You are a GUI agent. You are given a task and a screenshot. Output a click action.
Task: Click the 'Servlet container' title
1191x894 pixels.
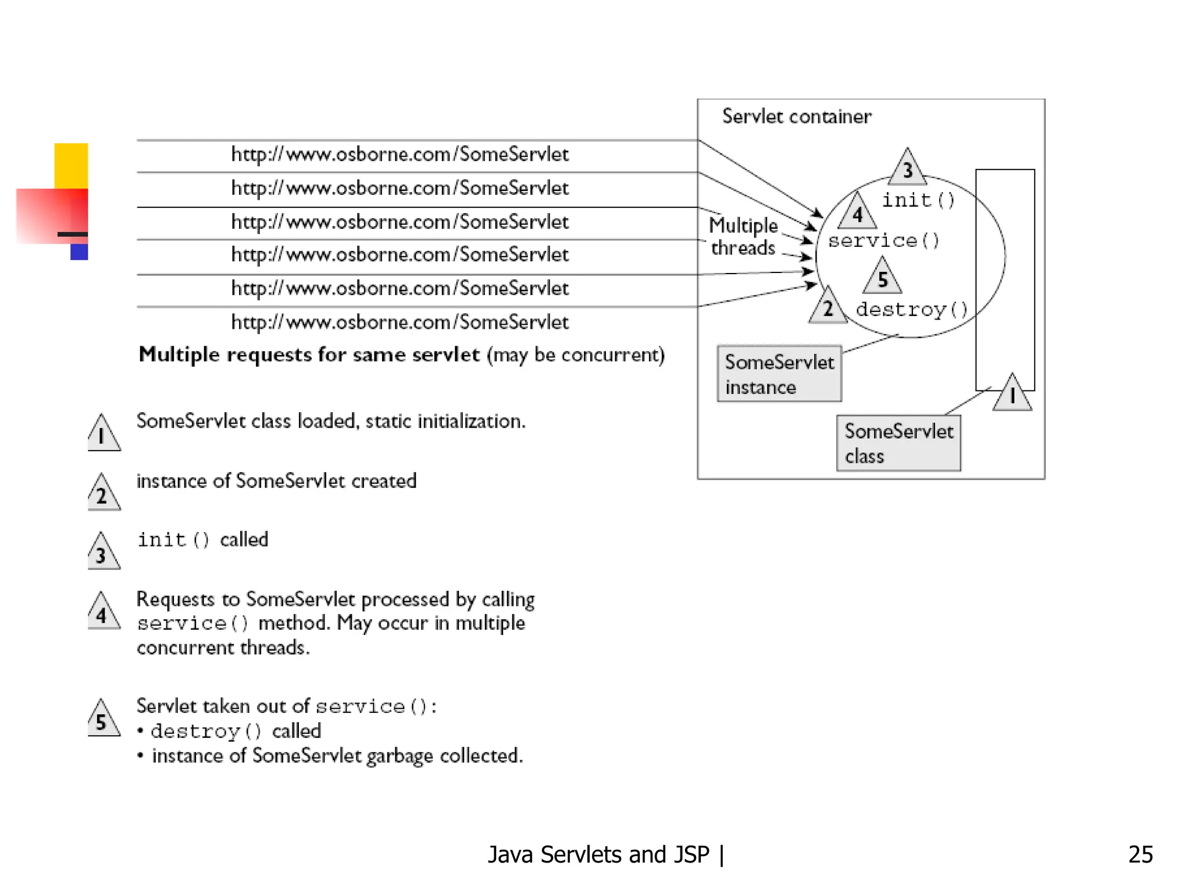click(x=796, y=116)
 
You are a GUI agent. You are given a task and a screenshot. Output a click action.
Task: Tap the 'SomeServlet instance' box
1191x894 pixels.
click(x=779, y=374)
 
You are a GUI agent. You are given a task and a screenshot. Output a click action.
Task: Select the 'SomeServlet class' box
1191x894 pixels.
click(x=898, y=444)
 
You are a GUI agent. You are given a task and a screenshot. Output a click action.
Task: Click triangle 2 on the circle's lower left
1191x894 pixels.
click(x=828, y=307)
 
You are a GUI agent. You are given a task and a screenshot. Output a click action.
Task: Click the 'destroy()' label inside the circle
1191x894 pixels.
click(x=911, y=309)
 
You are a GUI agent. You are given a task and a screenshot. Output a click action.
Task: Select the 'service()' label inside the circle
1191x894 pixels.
click(x=883, y=240)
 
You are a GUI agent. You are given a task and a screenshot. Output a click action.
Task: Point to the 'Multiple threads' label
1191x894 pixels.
click(x=743, y=236)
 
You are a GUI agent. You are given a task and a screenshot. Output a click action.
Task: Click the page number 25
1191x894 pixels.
click(x=1140, y=854)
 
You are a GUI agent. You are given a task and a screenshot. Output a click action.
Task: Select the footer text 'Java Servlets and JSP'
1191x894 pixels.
click(x=598, y=854)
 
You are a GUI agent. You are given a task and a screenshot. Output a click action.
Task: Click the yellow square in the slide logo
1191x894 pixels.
click(x=71, y=165)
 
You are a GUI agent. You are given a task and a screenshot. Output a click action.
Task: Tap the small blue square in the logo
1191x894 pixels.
click(x=79, y=251)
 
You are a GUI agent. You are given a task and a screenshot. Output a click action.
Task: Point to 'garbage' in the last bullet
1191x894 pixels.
click(x=400, y=755)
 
